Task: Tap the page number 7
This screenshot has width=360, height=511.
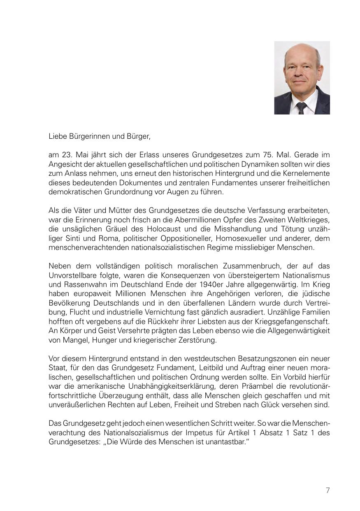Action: [327, 490]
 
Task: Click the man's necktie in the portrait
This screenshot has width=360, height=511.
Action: [302, 108]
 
